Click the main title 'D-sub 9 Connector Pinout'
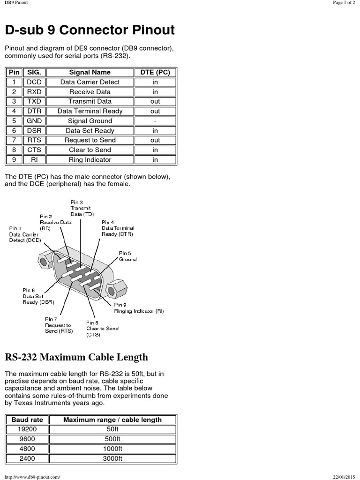(90, 30)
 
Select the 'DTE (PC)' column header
(155, 72)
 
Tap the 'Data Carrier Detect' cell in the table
(90, 82)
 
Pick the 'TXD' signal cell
(34, 101)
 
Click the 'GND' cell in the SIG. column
(34, 121)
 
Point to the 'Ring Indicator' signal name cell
(90, 160)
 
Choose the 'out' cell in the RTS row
(155, 140)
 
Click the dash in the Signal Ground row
(155, 121)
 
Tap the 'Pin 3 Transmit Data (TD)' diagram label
(81, 208)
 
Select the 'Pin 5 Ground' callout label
(127, 256)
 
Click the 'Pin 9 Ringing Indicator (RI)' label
(139, 307)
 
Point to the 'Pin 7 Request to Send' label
(58, 325)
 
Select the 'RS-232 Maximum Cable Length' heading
(76, 357)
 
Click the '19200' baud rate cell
(27, 429)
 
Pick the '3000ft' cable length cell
(112, 459)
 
